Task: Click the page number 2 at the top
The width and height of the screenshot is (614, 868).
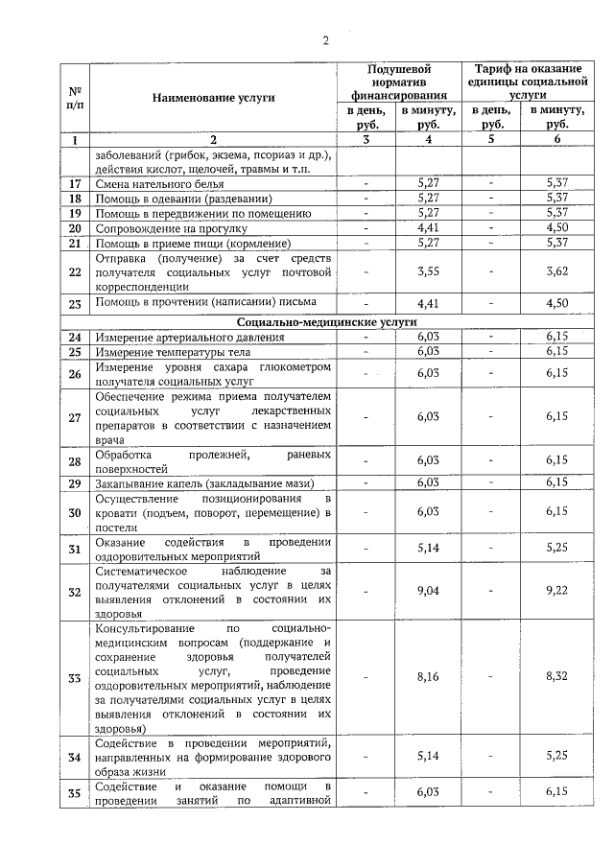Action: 325,40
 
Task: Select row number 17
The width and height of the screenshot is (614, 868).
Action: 75,183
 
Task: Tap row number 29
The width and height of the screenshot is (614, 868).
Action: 75,482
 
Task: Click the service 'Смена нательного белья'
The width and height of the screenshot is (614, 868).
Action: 159,183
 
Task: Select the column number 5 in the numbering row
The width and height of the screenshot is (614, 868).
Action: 491,140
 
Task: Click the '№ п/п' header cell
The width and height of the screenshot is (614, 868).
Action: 75,97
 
